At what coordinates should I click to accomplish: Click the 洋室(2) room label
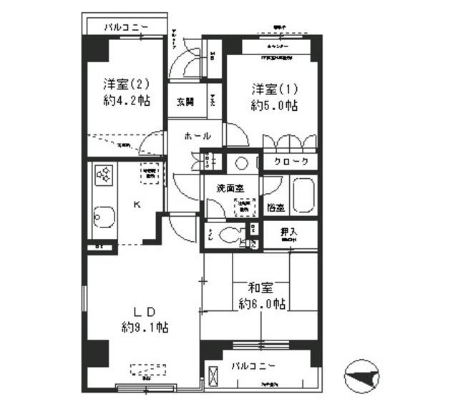pyautogui.click(x=125, y=82)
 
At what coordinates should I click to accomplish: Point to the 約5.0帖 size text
pyautogui.click(x=274, y=106)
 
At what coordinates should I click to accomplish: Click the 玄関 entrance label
pyautogui.click(x=185, y=102)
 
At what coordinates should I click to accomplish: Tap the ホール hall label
pyautogui.click(x=197, y=136)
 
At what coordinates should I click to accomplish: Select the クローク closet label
pyautogui.click(x=291, y=162)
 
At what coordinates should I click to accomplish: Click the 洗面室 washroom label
pyautogui.click(x=230, y=187)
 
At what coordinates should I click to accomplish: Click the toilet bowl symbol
pyautogui.click(x=230, y=235)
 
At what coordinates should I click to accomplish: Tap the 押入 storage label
pyautogui.click(x=288, y=232)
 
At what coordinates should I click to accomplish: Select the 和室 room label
pyautogui.click(x=260, y=288)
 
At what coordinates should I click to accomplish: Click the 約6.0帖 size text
pyautogui.click(x=263, y=304)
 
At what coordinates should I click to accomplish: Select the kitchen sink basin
pyautogui.click(x=102, y=217)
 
